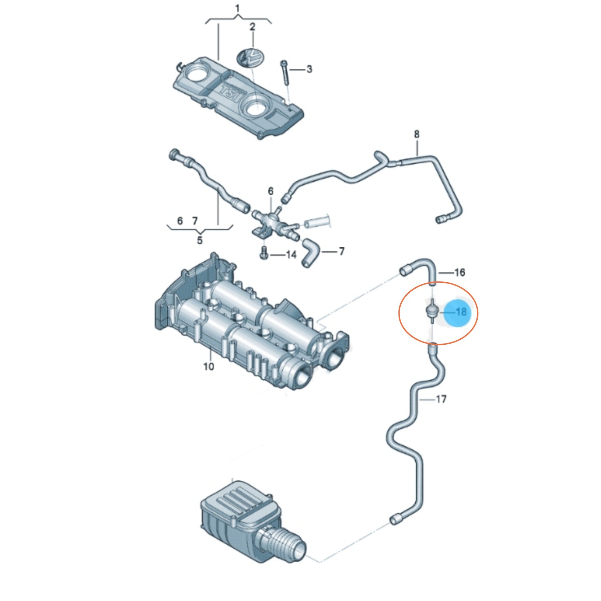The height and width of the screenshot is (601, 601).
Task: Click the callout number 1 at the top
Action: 238,8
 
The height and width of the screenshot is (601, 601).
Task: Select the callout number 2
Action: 252,27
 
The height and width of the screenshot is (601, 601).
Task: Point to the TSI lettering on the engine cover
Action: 230,93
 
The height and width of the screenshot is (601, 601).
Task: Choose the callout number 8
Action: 417,134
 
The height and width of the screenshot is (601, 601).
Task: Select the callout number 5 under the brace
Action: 200,240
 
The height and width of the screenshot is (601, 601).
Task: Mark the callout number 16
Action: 459,273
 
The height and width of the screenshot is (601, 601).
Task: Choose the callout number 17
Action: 441,399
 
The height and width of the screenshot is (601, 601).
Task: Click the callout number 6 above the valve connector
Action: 270,191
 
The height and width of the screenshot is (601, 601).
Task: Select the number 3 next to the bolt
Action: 309,69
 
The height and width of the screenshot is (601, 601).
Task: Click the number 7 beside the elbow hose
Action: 342,251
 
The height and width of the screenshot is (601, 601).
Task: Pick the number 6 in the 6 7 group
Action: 180,221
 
